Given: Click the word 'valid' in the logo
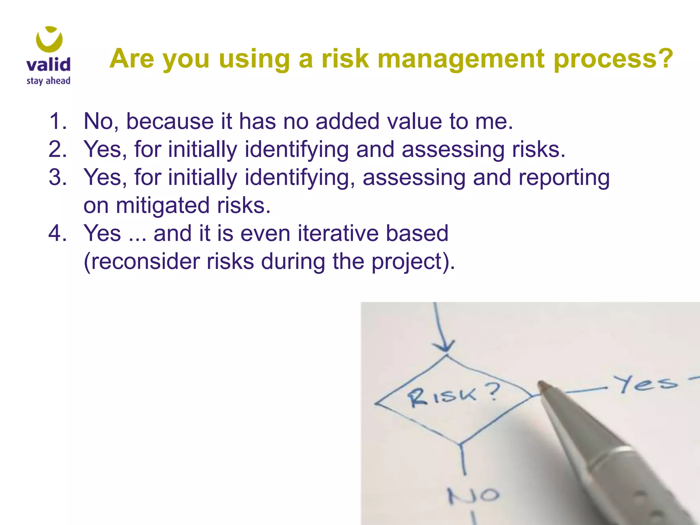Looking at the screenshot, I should (x=48, y=64).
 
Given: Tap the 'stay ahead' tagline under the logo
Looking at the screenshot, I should (x=48, y=81).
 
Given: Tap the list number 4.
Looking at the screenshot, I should (x=57, y=233).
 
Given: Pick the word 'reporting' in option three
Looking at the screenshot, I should (x=564, y=178).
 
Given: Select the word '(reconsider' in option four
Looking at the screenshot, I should (x=142, y=262).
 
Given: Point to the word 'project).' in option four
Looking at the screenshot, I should (x=413, y=262).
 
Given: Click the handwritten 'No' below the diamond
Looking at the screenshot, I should (x=474, y=495).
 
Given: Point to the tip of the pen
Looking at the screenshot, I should (x=541, y=385).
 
